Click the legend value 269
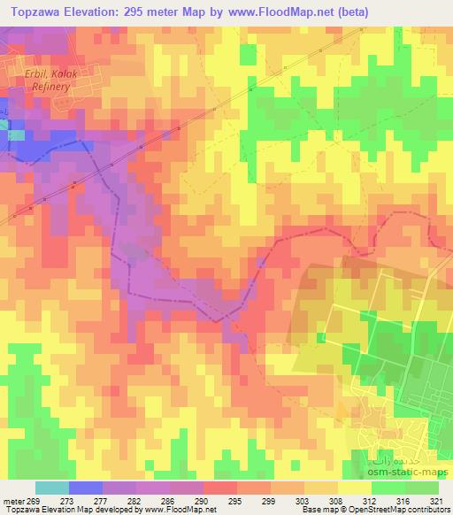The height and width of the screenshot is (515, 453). coord(34,500)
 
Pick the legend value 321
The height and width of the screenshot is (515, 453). coord(436,500)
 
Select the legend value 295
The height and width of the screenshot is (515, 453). coord(235,500)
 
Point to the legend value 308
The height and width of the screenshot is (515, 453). coord(336,500)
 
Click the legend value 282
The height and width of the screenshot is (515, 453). coord(134,500)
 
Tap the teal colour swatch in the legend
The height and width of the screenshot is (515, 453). coord(51,488)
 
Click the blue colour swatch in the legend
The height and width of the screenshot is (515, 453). coord(85,488)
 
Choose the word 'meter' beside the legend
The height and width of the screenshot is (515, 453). coord(13,500)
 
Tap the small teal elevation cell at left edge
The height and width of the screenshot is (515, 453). coord(15,135)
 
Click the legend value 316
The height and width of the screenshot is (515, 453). coord(403,500)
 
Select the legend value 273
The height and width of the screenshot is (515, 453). coord(67,500)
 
